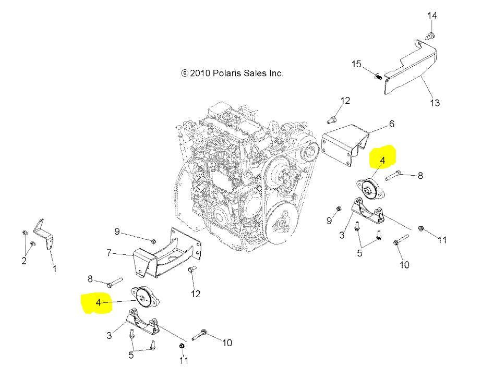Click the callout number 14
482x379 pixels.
point(432,16)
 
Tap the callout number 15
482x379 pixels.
point(356,64)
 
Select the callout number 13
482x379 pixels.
point(435,103)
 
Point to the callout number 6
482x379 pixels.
point(391,124)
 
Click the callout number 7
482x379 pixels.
point(109,253)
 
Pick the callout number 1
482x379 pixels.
point(54,269)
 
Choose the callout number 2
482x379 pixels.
point(24,261)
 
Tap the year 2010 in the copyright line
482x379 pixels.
point(200,74)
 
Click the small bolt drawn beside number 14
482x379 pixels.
point(431,35)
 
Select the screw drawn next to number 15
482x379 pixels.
point(376,77)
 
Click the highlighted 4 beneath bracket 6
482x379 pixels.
point(382,161)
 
